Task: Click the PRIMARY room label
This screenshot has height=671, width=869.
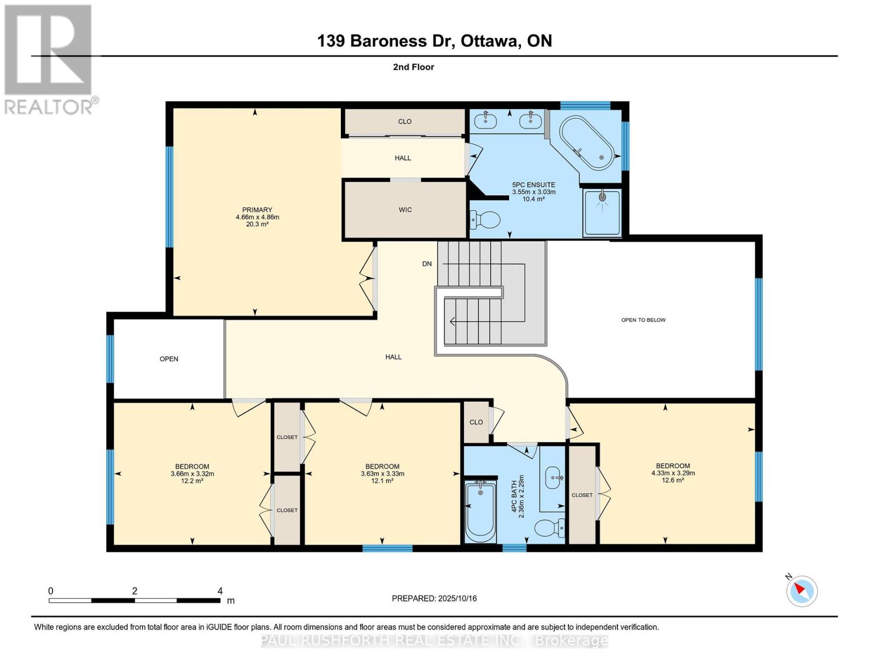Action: pyautogui.click(x=257, y=210)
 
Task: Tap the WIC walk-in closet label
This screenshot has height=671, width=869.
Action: pyautogui.click(x=405, y=210)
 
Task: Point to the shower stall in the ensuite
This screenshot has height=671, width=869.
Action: pyautogui.click(x=602, y=212)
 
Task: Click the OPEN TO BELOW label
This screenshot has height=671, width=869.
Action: pyautogui.click(x=643, y=320)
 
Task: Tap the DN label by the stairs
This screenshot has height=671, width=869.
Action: pyautogui.click(x=427, y=263)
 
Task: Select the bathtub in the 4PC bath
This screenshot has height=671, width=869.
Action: pyautogui.click(x=481, y=510)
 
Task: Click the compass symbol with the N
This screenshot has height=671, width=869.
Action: pyautogui.click(x=801, y=590)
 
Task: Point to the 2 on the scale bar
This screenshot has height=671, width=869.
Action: pyautogui.click(x=134, y=591)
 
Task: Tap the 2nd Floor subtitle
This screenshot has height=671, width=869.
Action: pyautogui.click(x=413, y=67)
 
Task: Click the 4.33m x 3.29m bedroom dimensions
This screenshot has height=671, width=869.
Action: pyautogui.click(x=673, y=473)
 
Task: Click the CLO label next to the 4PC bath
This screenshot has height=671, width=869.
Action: pyautogui.click(x=476, y=422)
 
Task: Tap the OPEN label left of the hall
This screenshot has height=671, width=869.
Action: pyautogui.click(x=168, y=358)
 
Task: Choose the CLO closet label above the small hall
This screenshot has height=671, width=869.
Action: pyautogui.click(x=405, y=121)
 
